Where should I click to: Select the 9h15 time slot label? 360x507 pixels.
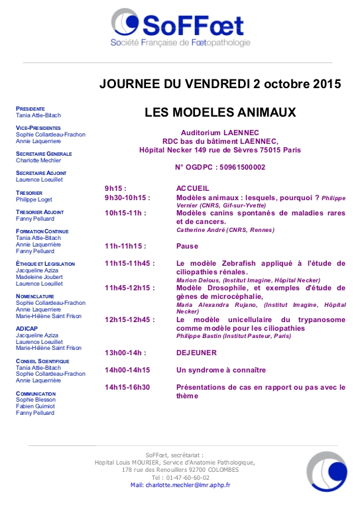pyautogui.click(x=115, y=188)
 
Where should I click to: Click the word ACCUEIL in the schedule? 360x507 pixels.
pyautogui.click(x=193, y=188)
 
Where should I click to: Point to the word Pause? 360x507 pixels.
pyautogui.click(x=188, y=245)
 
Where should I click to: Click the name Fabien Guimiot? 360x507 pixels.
pyautogui.click(x=36, y=407)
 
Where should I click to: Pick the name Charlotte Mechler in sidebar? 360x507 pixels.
pyautogui.click(x=38, y=160)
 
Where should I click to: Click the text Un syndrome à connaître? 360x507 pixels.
pyautogui.click(x=221, y=370)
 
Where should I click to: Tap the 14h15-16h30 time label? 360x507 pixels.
pyautogui.click(x=127, y=387)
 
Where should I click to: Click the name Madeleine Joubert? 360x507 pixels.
pyautogui.click(x=40, y=277)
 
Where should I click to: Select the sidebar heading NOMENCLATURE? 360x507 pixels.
pyautogui.click(x=36, y=296)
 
